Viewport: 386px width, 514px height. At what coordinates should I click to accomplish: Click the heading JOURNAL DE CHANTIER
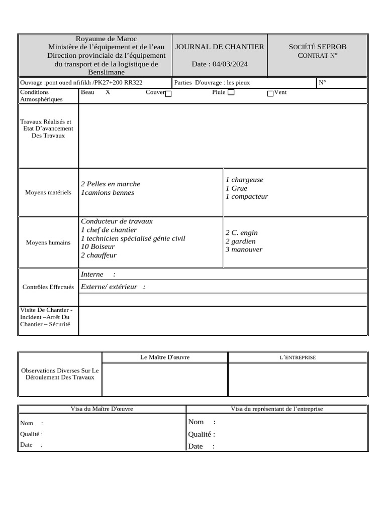point(219,47)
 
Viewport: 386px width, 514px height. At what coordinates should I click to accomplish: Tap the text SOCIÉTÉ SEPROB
point(317,47)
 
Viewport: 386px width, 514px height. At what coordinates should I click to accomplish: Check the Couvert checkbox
point(168,93)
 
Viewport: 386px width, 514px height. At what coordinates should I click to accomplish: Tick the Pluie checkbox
point(231,92)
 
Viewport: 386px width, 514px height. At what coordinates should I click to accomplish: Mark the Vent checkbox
point(270,93)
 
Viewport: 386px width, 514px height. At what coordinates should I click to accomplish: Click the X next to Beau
point(108,92)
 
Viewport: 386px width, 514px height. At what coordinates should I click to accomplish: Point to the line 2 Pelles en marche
point(111,184)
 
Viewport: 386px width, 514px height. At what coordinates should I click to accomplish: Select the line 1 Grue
point(236,188)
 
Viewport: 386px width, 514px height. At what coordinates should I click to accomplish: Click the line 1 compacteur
point(246,196)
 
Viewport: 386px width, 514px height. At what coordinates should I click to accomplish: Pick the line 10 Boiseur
point(98,246)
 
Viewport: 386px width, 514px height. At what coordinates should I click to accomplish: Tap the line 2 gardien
point(240,241)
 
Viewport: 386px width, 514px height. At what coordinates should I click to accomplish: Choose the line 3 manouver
point(244,249)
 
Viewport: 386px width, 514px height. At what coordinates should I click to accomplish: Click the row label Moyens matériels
point(48,192)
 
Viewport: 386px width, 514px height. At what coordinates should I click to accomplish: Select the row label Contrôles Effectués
point(48,287)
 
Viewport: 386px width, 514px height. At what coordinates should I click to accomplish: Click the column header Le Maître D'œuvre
point(165,357)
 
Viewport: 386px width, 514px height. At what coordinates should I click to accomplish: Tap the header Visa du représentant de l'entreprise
point(276,409)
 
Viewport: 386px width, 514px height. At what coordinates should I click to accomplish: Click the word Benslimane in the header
point(106,72)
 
